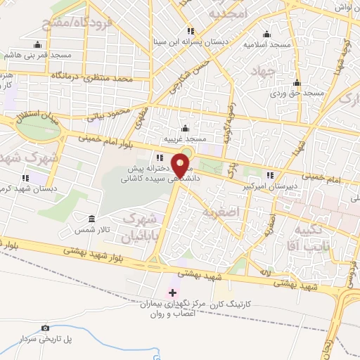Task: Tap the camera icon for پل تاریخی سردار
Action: pyautogui.click(x=46, y=328)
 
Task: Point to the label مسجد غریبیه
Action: pyautogui.click(x=184, y=139)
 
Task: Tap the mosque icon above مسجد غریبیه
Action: pyautogui.click(x=184, y=128)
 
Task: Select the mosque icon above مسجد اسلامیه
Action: pyautogui.click(x=266, y=33)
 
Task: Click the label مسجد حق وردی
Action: pyautogui.click(x=299, y=92)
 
